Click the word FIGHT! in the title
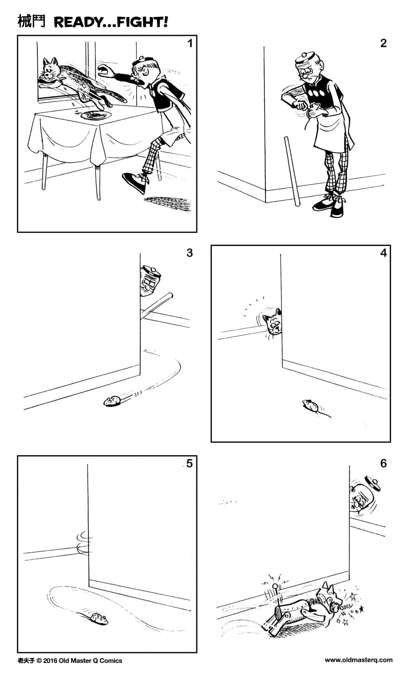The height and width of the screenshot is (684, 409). point(143,22)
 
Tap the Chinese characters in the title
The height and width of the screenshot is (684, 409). point(31,22)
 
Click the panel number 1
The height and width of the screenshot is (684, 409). point(189,43)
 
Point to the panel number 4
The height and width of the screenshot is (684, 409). point(383,253)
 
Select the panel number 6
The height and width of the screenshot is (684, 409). point(383,463)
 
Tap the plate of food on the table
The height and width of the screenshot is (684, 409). point(96,115)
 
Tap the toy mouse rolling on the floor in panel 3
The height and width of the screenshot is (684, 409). point(112,402)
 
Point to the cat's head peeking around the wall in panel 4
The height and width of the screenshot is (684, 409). point(272,324)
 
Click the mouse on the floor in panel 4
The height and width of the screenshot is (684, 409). point(311,405)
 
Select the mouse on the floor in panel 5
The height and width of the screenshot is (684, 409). point(97,619)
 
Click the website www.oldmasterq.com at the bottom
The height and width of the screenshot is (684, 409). point(358,660)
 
